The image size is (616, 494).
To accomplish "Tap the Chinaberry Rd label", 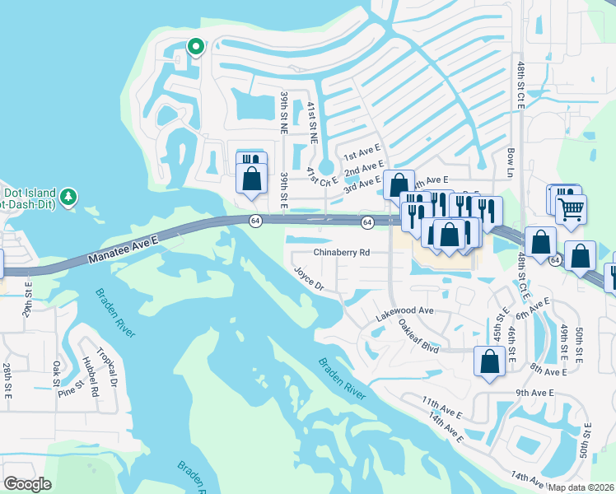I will pos(341,253).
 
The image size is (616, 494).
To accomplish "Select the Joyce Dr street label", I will pos(310,279).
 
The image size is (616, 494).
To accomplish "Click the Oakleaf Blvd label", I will pos(416,334).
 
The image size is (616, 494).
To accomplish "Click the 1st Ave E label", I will pos(362,154).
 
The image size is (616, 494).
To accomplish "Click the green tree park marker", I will pos(70,196).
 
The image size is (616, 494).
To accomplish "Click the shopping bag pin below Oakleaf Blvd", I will pos(489,361).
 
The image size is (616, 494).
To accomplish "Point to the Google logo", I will pos(28,483).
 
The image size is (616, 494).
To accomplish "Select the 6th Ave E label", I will pos(533,310).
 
